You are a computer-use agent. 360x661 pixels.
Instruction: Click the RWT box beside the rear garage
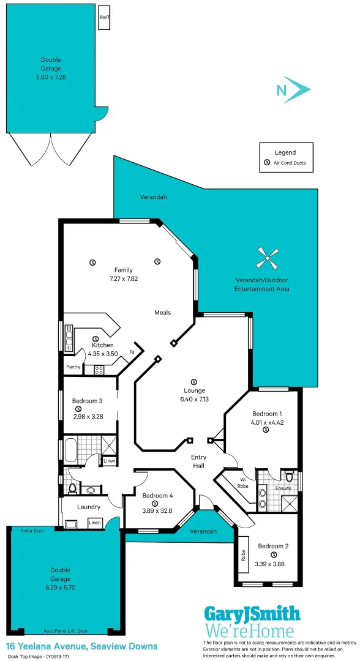(x=104, y=17)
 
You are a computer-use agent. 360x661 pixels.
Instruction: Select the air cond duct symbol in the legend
(x=266, y=163)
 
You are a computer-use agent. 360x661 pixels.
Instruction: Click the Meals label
(x=162, y=312)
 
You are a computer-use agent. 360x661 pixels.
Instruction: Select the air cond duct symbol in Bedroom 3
(x=78, y=409)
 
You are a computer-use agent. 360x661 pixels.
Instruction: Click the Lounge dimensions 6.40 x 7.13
(x=194, y=399)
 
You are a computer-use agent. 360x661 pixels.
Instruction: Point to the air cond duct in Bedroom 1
(x=266, y=430)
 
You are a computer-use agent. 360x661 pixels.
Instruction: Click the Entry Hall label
(x=198, y=461)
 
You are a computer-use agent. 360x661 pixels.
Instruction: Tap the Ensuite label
(x=283, y=488)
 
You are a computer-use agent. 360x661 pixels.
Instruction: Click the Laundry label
(x=89, y=507)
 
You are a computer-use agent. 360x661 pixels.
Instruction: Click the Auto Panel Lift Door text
(x=66, y=630)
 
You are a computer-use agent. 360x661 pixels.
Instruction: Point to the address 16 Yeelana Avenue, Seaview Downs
(x=82, y=646)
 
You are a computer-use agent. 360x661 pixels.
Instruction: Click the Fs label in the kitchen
(x=132, y=353)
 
